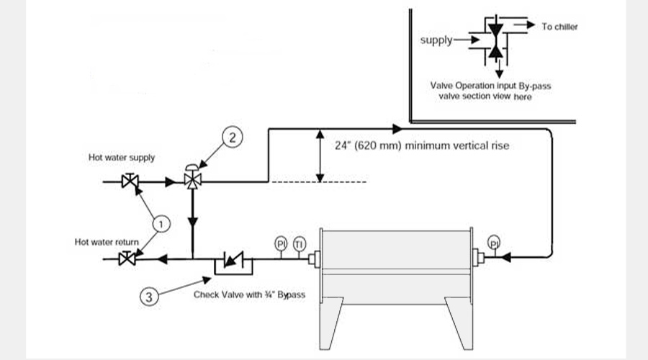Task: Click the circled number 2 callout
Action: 233,138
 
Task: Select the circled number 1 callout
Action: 161,224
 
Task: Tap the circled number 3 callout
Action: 149,297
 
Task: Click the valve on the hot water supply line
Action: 130,180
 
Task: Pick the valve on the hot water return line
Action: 127,258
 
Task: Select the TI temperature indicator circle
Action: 300,244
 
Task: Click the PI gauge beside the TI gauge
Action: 281,244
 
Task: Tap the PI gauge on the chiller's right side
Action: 493,242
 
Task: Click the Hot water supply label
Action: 122,158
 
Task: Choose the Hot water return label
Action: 107,242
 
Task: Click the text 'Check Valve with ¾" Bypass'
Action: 249,294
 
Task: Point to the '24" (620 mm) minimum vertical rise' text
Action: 422,145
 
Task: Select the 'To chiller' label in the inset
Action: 559,27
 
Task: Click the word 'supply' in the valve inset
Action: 436,40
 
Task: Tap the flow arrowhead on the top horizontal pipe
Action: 397,129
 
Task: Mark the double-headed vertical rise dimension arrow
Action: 320,156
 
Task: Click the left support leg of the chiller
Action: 330,323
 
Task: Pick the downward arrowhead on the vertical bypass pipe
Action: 192,223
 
